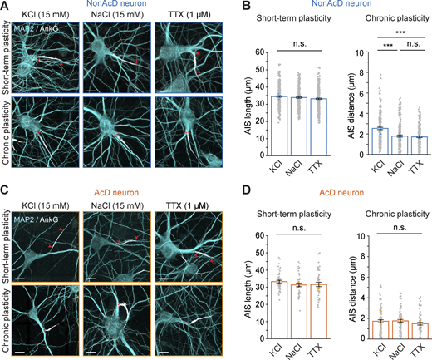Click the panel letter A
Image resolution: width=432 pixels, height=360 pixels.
(x=6, y=7)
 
